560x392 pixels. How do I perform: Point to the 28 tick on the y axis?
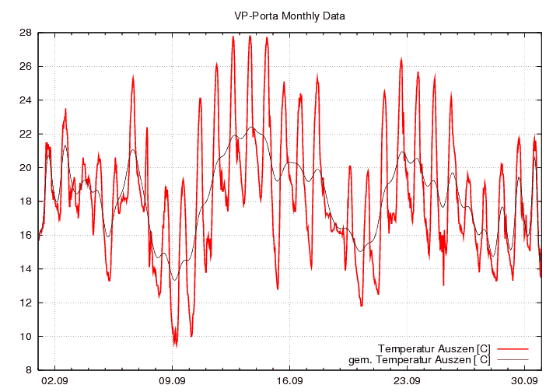(x=26, y=33)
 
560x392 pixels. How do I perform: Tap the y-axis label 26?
(x=26, y=66)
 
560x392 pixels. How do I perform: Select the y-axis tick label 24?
(x=26, y=100)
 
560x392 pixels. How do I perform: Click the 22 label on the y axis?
(x=26, y=134)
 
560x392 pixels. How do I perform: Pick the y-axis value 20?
(x=26, y=168)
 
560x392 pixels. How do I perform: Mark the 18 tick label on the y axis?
(x=26, y=201)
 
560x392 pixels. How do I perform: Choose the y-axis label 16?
(x=26, y=235)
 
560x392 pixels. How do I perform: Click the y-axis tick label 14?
(x=26, y=269)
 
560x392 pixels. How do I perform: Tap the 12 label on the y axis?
(x=26, y=303)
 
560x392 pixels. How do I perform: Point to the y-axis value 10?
(x=26, y=337)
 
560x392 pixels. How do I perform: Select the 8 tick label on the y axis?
(x=28, y=370)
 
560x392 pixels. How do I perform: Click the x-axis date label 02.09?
(x=54, y=380)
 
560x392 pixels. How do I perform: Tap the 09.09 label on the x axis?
(x=172, y=380)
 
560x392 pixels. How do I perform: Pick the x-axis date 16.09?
(x=289, y=380)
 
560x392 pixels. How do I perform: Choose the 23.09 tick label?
(x=407, y=380)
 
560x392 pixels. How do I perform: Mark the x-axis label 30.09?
(x=524, y=380)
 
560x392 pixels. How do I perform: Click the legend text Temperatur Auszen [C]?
(x=433, y=348)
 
